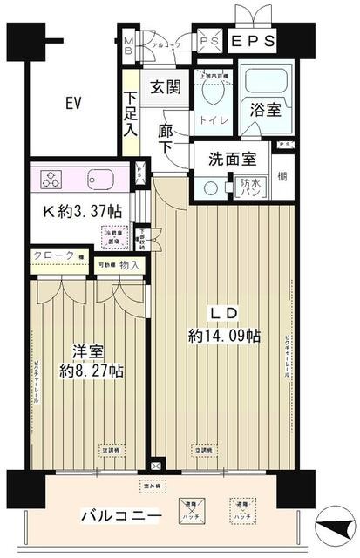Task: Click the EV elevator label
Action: pyautogui.click(x=72, y=104)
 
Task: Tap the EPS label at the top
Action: pyautogui.click(x=254, y=41)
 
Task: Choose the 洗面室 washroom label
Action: pyautogui.click(x=231, y=160)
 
